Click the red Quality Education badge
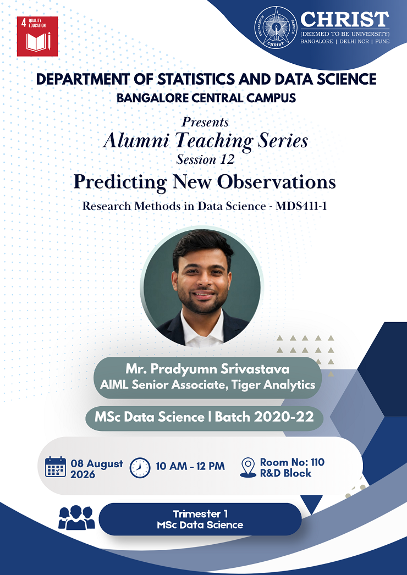[37, 36]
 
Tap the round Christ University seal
[276, 27]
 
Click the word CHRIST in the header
[345, 19]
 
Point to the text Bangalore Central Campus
[206, 98]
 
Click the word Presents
[205, 121]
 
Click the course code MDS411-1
[301, 206]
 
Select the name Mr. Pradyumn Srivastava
[207, 369]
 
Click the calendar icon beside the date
[56, 467]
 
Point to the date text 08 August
[97, 463]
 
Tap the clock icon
[140, 468]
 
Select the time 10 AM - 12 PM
[190, 466]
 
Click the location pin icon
[248, 467]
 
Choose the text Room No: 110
[292, 462]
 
